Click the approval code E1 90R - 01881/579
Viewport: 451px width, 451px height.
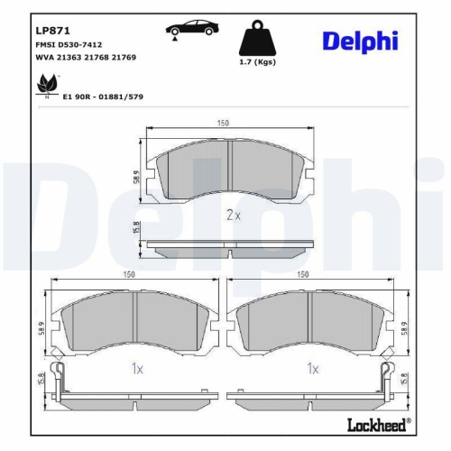pos(103,96)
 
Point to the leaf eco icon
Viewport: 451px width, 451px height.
pos(42,87)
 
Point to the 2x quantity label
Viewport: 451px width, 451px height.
pos(232,216)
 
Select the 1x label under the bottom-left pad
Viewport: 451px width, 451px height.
pos(134,368)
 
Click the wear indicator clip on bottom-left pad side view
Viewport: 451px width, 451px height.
pos(56,374)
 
